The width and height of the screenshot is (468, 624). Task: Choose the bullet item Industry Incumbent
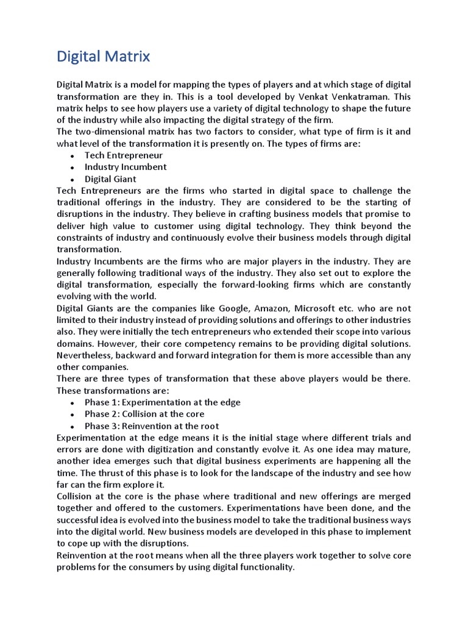pos(126,167)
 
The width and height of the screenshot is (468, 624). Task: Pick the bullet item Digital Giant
pos(110,179)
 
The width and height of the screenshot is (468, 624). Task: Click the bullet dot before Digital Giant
pos(72,180)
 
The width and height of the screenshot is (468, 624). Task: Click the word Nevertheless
pos(85,355)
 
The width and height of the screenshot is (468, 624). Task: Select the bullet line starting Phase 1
pos(163,402)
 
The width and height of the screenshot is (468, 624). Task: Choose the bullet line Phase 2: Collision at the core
pos(144,414)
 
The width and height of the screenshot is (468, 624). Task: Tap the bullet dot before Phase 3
pos(72,427)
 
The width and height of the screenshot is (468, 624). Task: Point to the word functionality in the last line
pos(266,567)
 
